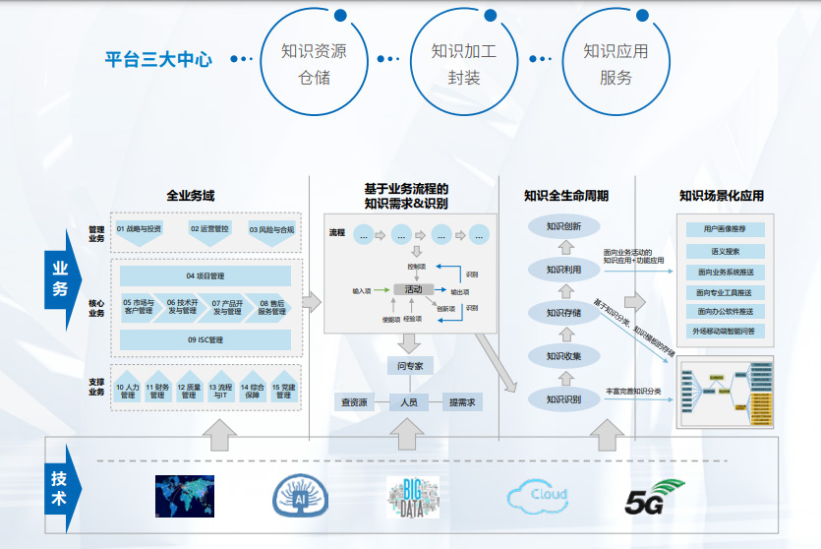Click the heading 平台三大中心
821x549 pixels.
click(x=158, y=59)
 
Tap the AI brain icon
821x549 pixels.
click(x=300, y=496)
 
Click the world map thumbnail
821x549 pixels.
click(x=185, y=496)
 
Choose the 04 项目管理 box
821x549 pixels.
click(x=205, y=275)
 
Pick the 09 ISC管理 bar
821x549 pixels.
click(x=205, y=339)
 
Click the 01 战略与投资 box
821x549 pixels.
click(x=140, y=229)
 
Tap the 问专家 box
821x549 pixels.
click(x=409, y=367)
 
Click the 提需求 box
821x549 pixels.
click(x=462, y=402)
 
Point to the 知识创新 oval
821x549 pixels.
click(x=564, y=226)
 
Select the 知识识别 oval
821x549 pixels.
click(x=564, y=398)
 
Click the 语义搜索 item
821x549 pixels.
click(x=726, y=251)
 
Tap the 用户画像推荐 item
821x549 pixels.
click(x=726, y=229)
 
